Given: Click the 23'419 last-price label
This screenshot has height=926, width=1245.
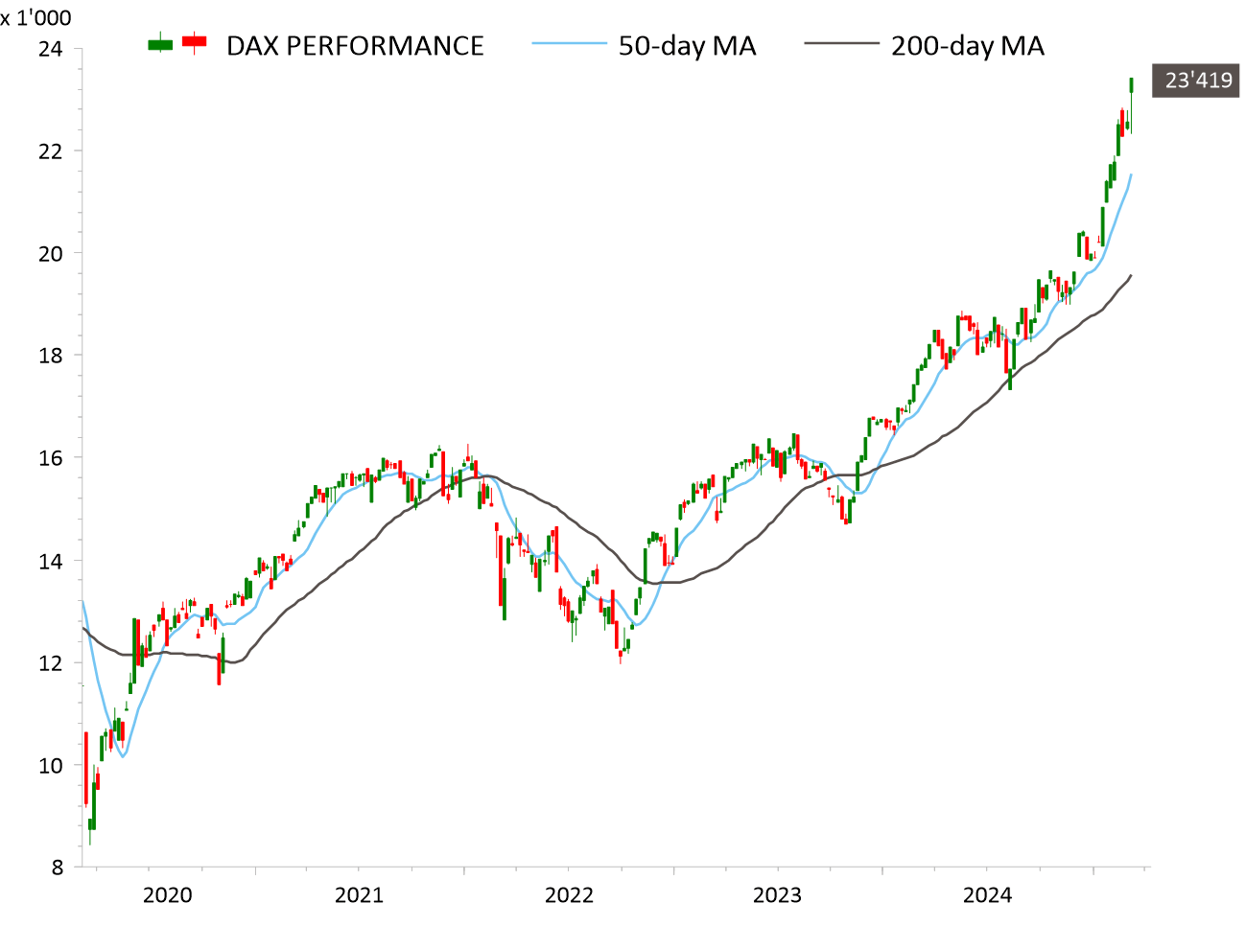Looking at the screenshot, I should click(x=1198, y=81).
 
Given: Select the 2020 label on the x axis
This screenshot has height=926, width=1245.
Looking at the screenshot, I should click(x=167, y=895).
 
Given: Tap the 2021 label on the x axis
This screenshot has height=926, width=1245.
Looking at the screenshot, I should click(x=359, y=895).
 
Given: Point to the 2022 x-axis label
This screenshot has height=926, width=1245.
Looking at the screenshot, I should click(x=569, y=895).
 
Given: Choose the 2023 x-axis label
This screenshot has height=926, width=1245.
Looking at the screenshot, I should click(x=777, y=895).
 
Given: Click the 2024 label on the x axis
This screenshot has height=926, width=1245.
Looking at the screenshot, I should click(x=987, y=895).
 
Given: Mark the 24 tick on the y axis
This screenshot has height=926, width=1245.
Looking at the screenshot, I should click(x=51, y=48).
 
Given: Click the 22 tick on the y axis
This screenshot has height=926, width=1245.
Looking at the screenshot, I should click(x=51, y=151).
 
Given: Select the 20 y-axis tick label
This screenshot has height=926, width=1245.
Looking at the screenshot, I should click(x=51, y=254).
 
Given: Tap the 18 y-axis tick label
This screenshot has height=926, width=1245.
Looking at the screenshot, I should click(x=51, y=356).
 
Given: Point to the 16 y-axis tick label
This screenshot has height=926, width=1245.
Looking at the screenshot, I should click(x=51, y=458).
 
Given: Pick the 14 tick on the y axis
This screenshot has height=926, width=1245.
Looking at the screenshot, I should click(x=51, y=562).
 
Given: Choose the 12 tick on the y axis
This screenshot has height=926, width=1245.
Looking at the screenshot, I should click(x=51, y=663).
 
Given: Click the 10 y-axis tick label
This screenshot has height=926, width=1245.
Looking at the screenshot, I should click(x=51, y=766).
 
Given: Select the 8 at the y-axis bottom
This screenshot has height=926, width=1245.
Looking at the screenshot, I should click(x=58, y=868).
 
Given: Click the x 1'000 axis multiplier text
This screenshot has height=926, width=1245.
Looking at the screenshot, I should click(x=35, y=17).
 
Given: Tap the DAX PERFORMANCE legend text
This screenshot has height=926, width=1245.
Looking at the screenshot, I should click(x=355, y=46).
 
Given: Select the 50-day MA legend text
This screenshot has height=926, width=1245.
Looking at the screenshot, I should click(x=687, y=46).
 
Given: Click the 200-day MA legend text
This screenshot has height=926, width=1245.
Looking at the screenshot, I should click(x=967, y=46).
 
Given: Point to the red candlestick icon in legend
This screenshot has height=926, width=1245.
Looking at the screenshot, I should click(x=195, y=42).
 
